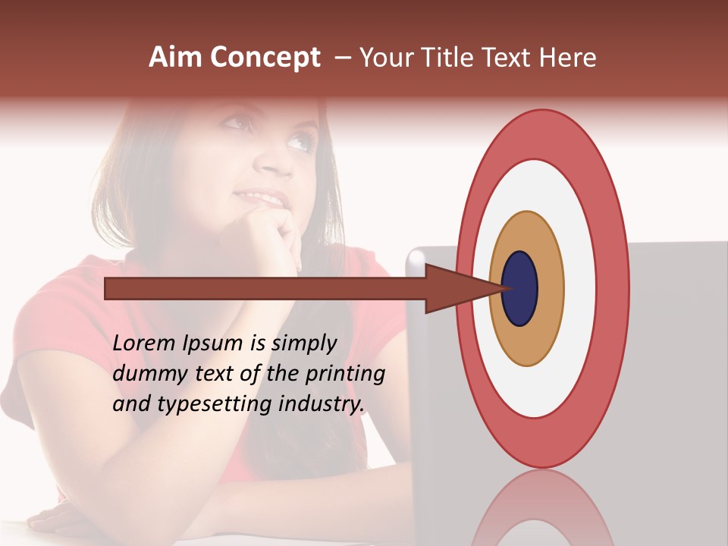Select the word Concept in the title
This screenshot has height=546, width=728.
265,58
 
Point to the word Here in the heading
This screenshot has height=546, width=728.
569,58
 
